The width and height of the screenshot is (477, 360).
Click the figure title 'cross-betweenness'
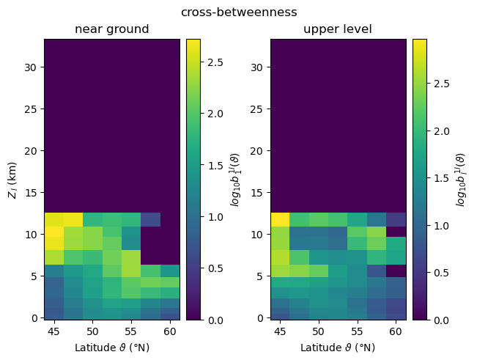pos(239,12)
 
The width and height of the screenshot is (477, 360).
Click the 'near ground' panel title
pos(112,29)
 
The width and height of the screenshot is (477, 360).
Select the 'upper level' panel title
pos(338,29)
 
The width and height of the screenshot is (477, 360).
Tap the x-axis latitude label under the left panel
pos(112,347)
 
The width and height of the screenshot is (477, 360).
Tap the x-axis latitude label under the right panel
pos(338,347)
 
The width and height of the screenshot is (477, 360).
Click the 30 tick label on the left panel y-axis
pos(32,67)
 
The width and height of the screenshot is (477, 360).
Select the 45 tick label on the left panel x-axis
pos(54,331)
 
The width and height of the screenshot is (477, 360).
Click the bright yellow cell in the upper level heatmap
pos(280,219)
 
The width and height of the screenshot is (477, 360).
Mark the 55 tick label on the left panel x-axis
pos(131,331)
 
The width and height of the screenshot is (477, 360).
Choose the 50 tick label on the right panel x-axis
pos(318,331)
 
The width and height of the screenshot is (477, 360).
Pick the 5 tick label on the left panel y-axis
pos(34,276)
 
